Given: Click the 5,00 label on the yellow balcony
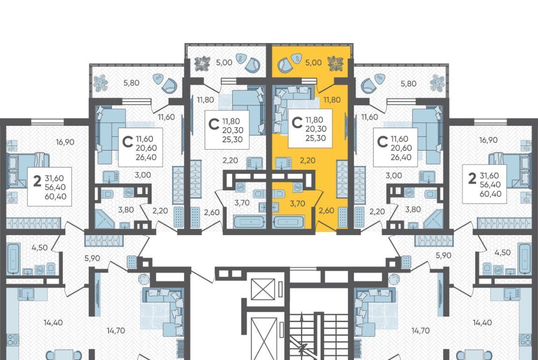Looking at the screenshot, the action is (313, 63).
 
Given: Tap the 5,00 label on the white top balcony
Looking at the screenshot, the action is (224, 63).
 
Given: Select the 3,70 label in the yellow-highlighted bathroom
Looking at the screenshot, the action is (298, 204).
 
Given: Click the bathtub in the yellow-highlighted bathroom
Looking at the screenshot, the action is (288, 222).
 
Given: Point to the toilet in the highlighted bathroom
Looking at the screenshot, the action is (279, 194).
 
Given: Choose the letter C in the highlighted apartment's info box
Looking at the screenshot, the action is (297, 122).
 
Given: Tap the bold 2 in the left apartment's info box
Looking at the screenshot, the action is (37, 180).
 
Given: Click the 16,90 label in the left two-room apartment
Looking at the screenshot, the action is (65, 142).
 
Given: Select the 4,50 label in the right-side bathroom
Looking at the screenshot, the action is (502, 252).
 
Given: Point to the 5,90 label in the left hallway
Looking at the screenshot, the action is (92, 258).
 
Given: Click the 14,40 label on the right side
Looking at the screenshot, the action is (482, 323).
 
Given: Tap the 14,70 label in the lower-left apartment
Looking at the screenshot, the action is (116, 331).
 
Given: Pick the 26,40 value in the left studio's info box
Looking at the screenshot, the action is (146, 158).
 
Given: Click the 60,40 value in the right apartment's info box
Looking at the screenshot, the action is (490, 194).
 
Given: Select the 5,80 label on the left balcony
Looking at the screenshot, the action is (131, 83).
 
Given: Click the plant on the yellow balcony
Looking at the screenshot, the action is (335, 64).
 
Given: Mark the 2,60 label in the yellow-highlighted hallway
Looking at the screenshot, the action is (326, 210).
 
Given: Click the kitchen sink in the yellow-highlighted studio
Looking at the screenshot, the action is (284, 163).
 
